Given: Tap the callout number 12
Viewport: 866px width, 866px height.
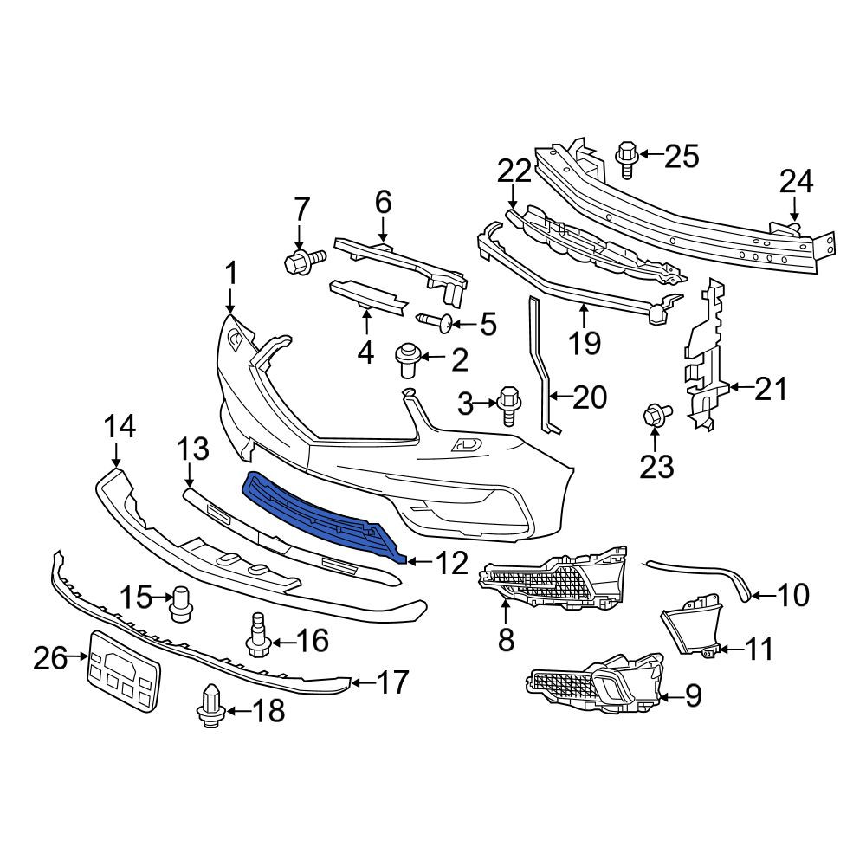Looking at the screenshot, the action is [452, 563].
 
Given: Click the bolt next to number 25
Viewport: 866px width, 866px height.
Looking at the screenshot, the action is [627, 159].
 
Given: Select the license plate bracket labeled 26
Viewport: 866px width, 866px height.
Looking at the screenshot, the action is [124, 671].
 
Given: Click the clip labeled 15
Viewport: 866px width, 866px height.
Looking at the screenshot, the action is [182, 604].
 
